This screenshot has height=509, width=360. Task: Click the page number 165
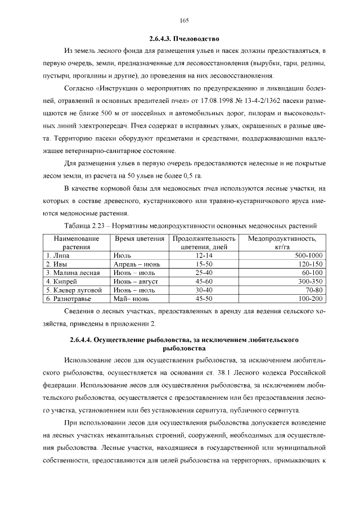pyautogui.click(x=183, y=21)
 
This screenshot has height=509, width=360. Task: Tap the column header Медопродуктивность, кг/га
pyautogui.click(x=282, y=243)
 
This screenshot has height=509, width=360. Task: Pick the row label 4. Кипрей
pyautogui.click(x=61, y=281)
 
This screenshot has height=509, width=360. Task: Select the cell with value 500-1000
pyautogui.click(x=309, y=255)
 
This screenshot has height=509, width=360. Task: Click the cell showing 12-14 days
pyautogui.click(x=200, y=255)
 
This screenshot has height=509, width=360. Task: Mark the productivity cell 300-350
pyautogui.click(x=310, y=281)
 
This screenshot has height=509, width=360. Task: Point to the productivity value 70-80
pyautogui.click(x=313, y=290)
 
